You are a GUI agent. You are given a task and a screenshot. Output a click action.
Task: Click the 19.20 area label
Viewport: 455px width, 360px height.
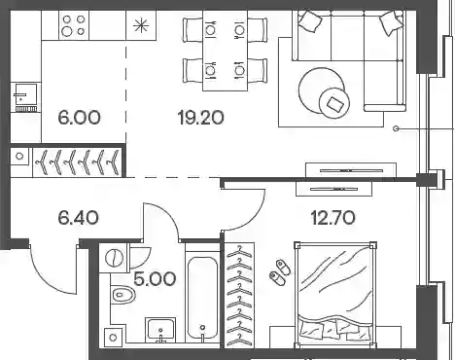coord(201,117)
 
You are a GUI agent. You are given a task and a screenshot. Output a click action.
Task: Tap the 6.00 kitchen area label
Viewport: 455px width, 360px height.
coord(80,117)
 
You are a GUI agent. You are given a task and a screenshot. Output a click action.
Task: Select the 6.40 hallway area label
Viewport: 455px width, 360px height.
coord(79,217)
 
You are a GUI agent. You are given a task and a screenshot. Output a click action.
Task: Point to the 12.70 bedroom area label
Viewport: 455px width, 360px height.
coord(333,217)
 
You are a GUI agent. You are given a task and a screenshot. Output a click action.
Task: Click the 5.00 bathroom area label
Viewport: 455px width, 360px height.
coord(155,279)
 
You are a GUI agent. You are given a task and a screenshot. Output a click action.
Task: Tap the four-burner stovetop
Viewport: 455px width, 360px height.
coord(74,25)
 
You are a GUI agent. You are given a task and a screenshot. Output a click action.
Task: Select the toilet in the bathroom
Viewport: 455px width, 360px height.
coord(123,295)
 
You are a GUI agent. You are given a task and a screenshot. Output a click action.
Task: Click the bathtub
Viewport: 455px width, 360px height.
coord(203,298)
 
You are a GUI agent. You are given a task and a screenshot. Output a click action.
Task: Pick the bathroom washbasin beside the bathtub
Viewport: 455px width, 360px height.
coord(160,330)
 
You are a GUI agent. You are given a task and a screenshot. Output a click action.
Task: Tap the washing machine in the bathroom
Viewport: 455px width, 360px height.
coord(114,258)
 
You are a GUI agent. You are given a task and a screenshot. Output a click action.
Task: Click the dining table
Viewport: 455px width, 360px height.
coord(226,51)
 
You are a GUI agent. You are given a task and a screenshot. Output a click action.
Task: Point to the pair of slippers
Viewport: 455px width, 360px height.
coord(280,272)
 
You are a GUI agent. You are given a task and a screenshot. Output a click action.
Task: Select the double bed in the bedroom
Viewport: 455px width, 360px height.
coord(335,295)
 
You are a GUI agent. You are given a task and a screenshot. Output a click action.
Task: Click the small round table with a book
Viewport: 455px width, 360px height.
coord(334,103)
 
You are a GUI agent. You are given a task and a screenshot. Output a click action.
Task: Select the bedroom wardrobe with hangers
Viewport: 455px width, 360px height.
coord(239,295)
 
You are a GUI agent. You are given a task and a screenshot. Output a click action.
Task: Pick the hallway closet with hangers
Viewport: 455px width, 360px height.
coord(78,162)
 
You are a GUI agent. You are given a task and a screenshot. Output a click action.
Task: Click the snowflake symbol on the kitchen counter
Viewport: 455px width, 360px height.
coord(141,25)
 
